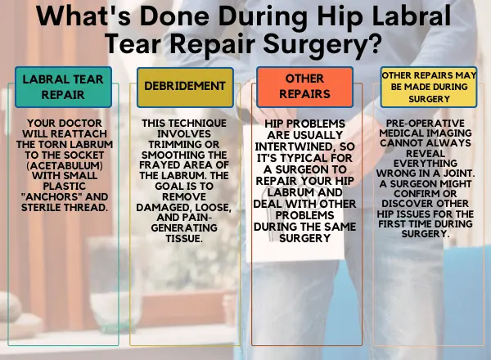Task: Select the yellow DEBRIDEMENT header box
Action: (185, 86)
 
